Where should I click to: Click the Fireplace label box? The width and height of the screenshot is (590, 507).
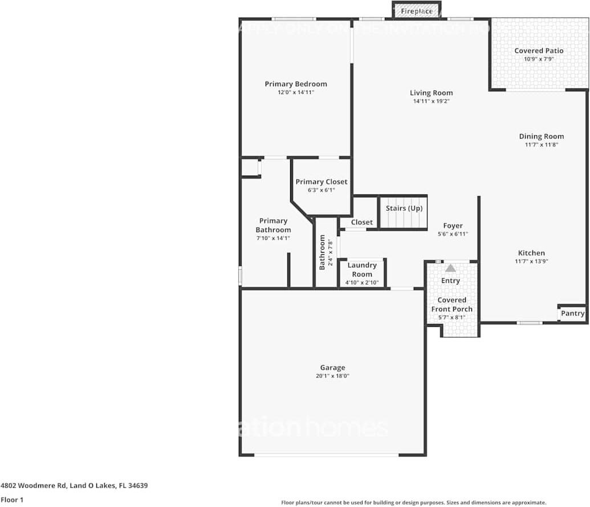[x=416, y=11]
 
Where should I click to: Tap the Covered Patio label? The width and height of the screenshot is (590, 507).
[x=539, y=51]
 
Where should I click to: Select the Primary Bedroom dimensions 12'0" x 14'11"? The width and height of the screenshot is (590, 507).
[x=295, y=92]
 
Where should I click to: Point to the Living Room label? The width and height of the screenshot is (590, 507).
[x=431, y=93]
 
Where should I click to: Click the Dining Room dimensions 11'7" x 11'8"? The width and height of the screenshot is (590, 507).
[x=541, y=145]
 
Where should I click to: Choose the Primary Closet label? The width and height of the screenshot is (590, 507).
[x=321, y=182]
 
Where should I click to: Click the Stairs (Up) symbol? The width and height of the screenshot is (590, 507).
[x=404, y=212]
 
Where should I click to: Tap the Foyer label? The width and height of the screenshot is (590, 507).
[x=453, y=226]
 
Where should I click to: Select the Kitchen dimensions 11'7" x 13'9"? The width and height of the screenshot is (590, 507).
[x=531, y=262]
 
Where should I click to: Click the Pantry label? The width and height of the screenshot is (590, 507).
[x=572, y=313]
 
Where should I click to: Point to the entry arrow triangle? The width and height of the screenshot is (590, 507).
[x=450, y=267]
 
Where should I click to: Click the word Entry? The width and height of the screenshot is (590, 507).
[x=450, y=281]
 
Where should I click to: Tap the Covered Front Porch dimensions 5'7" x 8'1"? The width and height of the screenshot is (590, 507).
[x=451, y=318]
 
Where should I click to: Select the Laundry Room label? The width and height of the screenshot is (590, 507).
[x=362, y=270]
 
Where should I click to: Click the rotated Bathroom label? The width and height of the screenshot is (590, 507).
[x=322, y=252]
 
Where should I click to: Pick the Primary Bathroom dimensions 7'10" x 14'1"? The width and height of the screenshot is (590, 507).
[x=273, y=238]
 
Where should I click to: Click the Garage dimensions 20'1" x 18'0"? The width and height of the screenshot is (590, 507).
[x=332, y=376]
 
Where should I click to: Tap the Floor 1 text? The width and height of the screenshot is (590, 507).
[x=13, y=500]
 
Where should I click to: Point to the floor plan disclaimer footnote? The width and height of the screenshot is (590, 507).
[x=413, y=502]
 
